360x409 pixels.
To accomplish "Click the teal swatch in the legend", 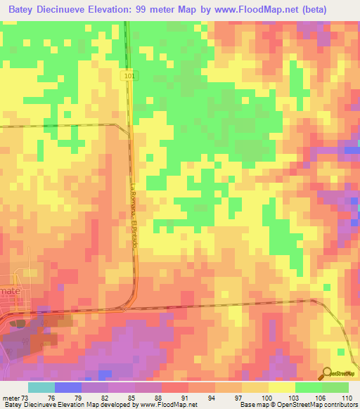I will tap(41, 387).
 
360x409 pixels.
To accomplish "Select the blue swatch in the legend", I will tap(67, 387).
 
